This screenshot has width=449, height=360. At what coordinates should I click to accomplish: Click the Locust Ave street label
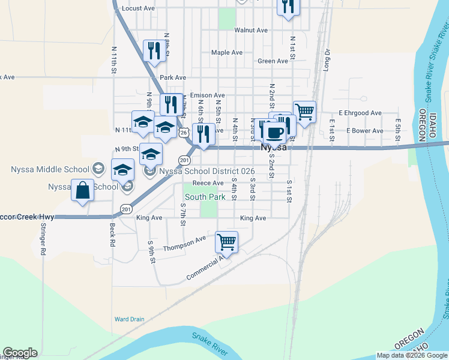point(138,8)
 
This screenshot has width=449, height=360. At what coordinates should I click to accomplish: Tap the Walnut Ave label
point(251,30)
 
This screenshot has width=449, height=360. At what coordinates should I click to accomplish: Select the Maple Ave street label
point(227,53)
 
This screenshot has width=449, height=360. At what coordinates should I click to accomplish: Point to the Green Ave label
point(273,61)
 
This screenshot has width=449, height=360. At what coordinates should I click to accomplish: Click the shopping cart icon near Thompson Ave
point(226,242)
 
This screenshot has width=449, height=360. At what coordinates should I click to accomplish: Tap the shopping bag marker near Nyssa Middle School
point(83,191)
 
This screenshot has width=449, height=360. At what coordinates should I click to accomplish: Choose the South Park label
point(205,197)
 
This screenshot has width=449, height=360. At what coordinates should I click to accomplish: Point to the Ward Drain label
point(129,319)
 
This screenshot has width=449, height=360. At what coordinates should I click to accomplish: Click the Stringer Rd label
point(43,240)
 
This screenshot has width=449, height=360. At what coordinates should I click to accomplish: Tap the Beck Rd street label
point(112,235)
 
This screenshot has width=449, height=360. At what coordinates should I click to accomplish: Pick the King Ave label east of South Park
point(253,218)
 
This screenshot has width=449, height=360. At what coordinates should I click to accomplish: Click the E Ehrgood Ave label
point(360,113)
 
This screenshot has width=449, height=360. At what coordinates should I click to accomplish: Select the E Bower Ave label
point(365,131)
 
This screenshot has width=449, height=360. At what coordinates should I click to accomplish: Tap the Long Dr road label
point(327,60)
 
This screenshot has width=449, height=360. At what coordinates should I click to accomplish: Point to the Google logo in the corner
point(20,353)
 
